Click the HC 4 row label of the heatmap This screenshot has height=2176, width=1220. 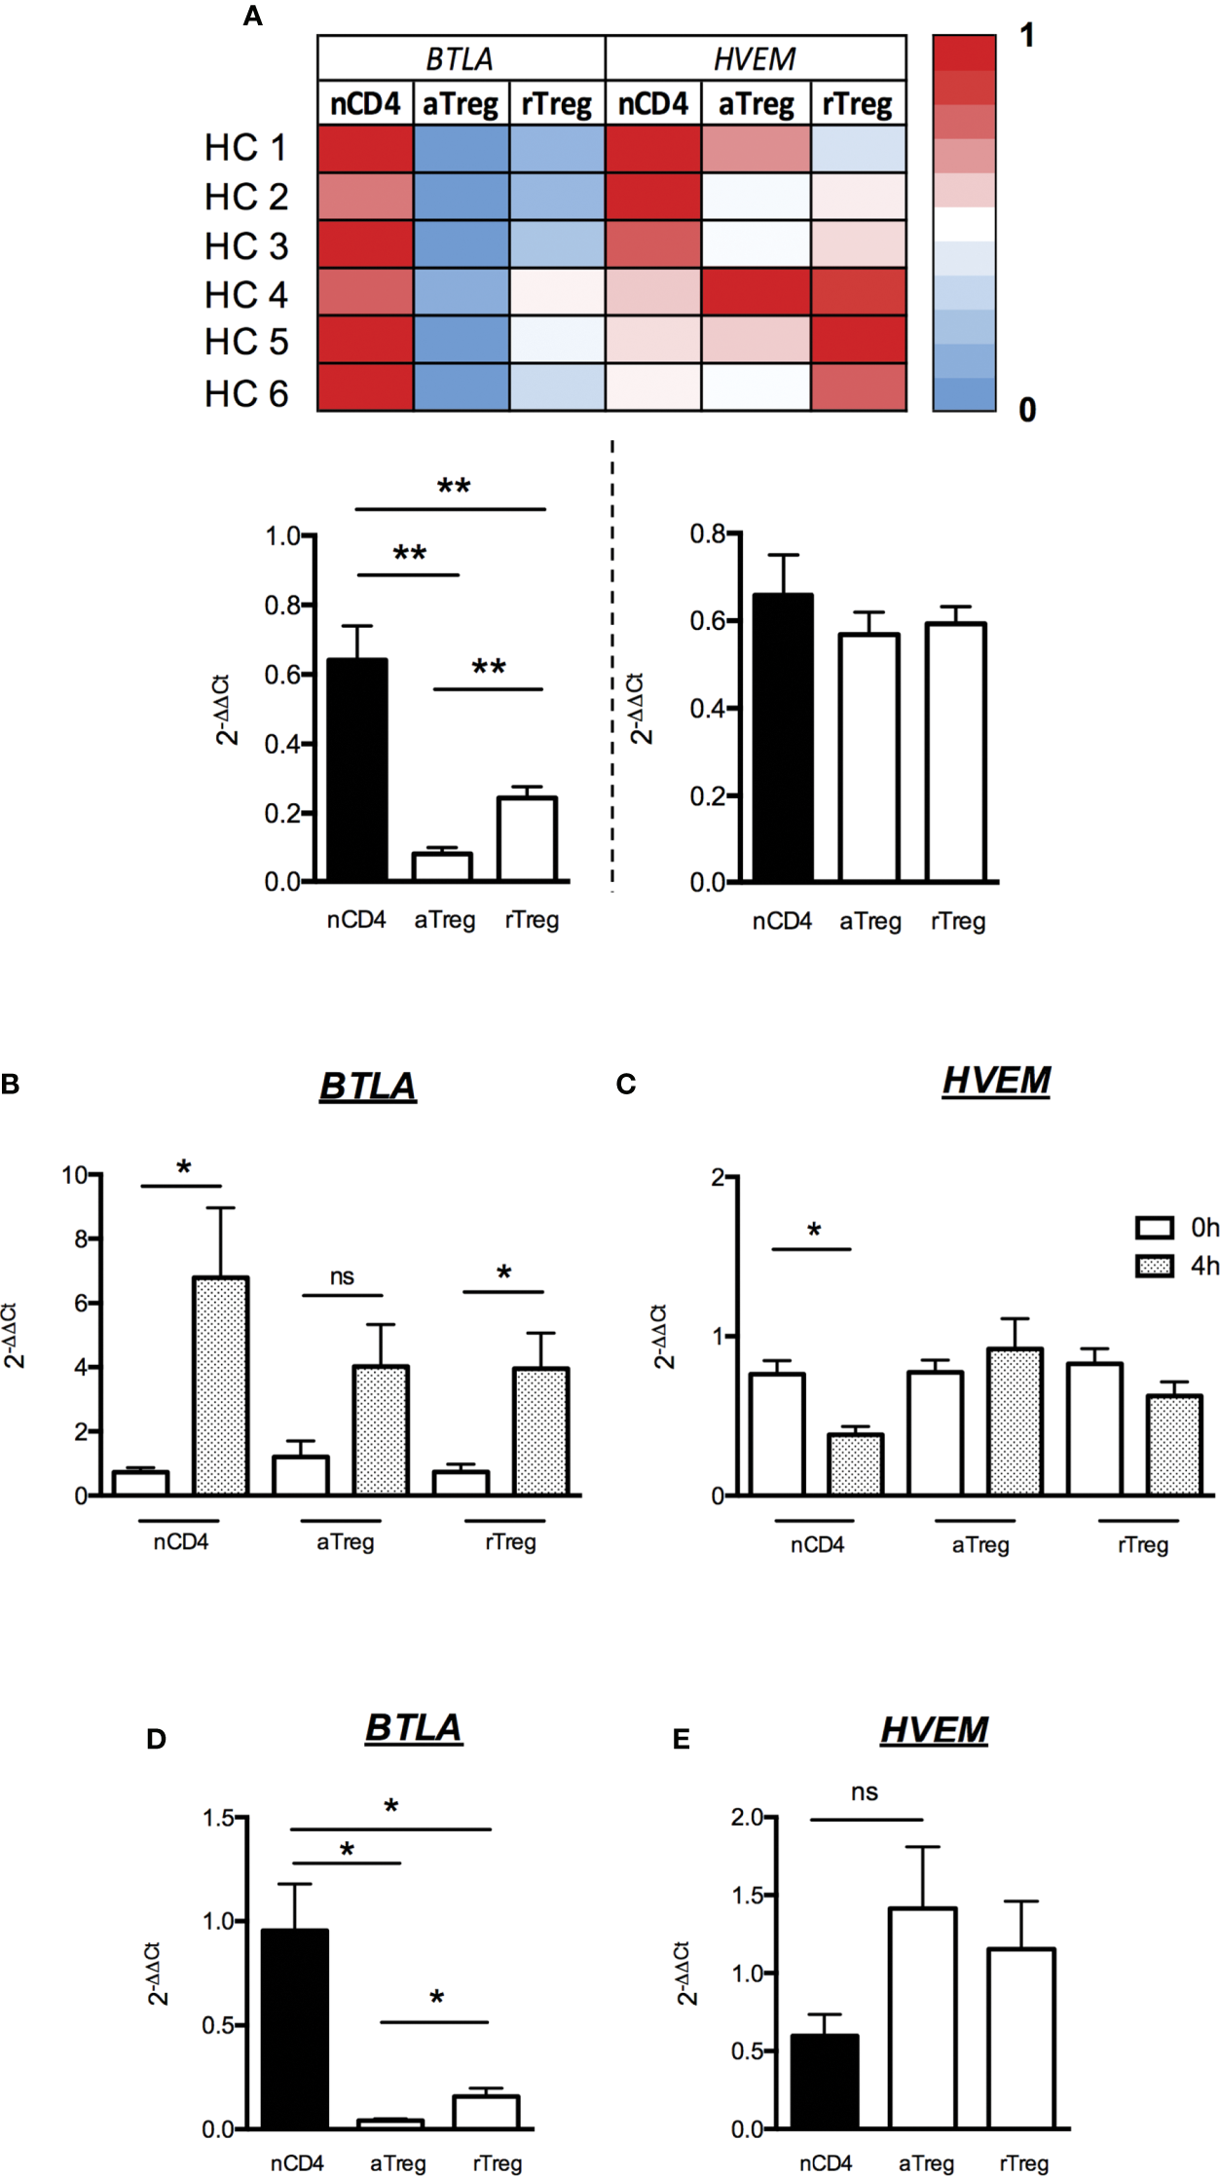[x=246, y=294]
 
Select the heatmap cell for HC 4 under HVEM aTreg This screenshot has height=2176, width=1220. [x=756, y=292]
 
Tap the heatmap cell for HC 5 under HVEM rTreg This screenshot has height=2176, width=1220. [x=858, y=340]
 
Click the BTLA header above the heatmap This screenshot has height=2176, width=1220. [x=460, y=59]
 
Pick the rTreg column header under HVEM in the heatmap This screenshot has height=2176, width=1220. [x=857, y=103]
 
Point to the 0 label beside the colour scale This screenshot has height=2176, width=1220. [x=1027, y=410]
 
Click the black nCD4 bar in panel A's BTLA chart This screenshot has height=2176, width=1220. [x=356, y=769]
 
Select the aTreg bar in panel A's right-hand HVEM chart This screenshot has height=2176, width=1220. [x=869, y=757]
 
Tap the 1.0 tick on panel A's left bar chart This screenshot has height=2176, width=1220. [x=283, y=536]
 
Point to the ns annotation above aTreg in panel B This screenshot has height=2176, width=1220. [x=342, y=1276]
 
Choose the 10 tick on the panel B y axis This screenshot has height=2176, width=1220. [x=75, y=1175]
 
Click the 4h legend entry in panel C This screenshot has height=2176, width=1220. [x=1176, y=1266]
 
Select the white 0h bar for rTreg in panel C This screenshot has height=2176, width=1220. [x=1094, y=1428]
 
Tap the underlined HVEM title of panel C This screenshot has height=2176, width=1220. [x=996, y=1081]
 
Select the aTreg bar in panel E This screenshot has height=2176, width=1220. [x=922, y=2017]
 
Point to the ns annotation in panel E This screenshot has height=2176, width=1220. [x=864, y=1792]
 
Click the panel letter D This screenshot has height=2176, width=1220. [x=156, y=1739]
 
